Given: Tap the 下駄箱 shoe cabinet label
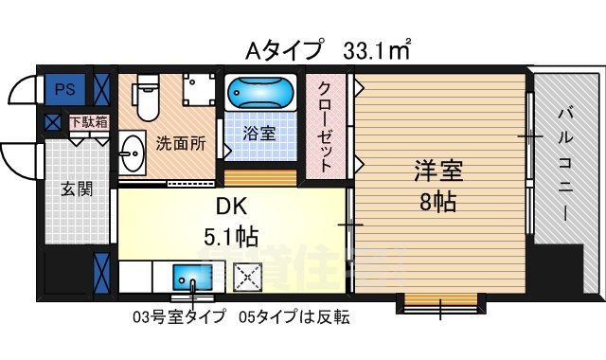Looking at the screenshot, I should click(88, 121).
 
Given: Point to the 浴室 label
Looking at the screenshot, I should click(261, 134).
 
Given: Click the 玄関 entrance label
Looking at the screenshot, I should click(78, 189).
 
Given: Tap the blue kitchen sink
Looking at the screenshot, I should click(195, 279).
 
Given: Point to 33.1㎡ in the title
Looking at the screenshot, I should click(378, 47).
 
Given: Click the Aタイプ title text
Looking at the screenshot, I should click(282, 48).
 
